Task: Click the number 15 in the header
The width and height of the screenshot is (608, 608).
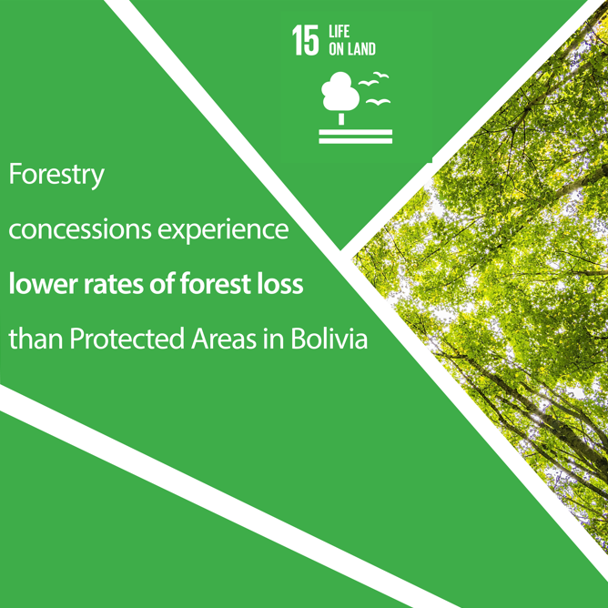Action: pos(306,40)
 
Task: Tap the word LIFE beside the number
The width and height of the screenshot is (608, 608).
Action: pos(339,32)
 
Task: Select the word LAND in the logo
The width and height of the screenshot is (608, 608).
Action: pos(360,49)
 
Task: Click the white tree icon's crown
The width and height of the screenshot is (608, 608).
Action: pos(340,91)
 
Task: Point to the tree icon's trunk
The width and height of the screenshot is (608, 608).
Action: pos(341,118)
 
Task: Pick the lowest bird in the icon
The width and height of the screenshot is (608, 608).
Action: pos(378,102)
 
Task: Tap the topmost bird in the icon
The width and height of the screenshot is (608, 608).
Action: pos(380,75)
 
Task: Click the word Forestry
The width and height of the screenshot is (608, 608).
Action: pos(56,176)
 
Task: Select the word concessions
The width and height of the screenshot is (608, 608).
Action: pos(79,229)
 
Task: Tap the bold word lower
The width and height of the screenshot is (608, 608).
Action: pos(43,283)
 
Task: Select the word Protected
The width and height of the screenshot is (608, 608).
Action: pos(127,339)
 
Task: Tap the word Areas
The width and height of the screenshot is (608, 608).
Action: pos(224,339)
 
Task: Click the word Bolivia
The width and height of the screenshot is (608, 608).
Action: pos(329,338)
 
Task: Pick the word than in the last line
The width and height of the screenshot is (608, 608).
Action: pos(35,339)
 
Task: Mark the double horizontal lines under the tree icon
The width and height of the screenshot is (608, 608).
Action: pos(356,137)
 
